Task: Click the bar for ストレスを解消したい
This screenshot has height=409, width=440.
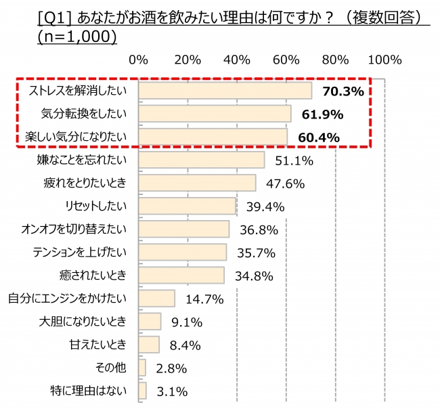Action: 225,91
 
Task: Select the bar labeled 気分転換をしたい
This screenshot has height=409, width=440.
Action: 215,114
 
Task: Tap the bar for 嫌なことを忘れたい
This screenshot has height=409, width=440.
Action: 201,160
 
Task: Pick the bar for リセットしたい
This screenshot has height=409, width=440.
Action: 187,206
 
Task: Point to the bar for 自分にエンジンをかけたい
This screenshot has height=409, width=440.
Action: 156,298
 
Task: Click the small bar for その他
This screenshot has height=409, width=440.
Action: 142,368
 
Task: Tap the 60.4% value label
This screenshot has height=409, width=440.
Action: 319,137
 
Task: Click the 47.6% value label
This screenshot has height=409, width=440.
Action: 285,184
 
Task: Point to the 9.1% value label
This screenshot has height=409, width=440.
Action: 186,322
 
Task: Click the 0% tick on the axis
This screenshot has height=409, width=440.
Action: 138,60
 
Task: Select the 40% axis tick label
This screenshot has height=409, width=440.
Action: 237,60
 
